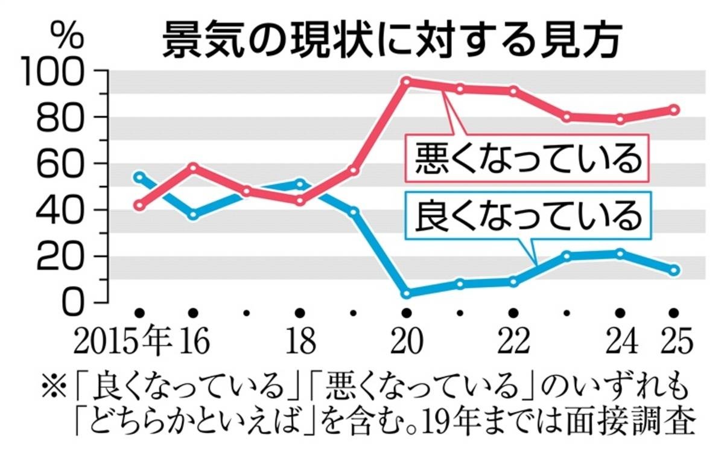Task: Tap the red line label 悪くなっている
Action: (x=527, y=158)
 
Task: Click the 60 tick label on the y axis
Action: (x=67, y=164)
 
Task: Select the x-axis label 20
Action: (x=406, y=342)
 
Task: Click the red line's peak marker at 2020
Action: (x=407, y=81)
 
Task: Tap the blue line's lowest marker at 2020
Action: (x=407, y=293)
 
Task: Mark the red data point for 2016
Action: (x=193, y=167)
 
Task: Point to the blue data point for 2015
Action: (x=139, y=177)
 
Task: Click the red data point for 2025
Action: (x=675, y=110)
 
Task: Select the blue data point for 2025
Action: (x=675, y=270)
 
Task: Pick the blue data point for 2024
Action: (x=620, y=253)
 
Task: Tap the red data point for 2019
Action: (x=354, y=171)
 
